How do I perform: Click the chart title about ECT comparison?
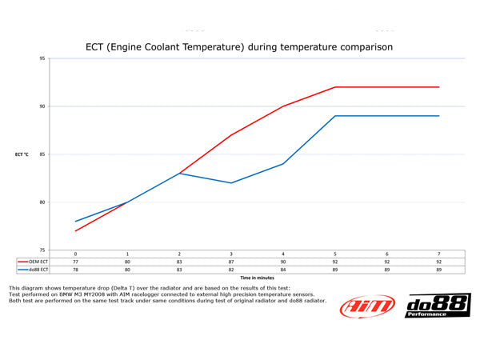pos(239,47)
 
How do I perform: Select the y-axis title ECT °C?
pos(22,154)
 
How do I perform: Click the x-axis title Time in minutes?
pos(258,278)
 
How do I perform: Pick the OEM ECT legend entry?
pos(34,261)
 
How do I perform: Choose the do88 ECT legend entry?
pos(34,269)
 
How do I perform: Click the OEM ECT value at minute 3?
pos(231,261)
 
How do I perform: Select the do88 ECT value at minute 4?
pos(283,269)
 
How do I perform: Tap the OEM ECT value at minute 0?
pos(75,261)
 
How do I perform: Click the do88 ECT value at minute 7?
pos(439,269)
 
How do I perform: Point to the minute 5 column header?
pos(335,253)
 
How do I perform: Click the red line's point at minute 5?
pos(335,87)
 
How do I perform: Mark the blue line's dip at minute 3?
pos(231,183)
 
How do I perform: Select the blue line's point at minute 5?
pos(335,116)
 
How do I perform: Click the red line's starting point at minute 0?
pos(75,231)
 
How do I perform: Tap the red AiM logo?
pos(367,306)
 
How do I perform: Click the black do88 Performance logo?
pos(438,306)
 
